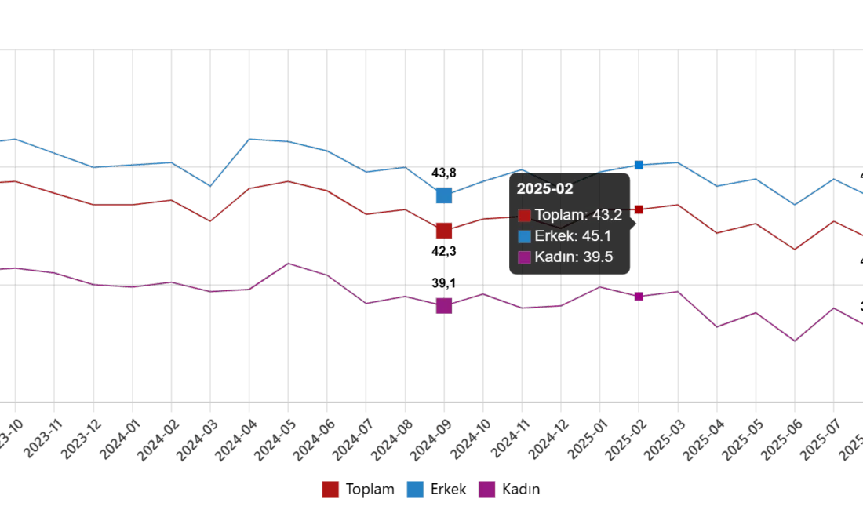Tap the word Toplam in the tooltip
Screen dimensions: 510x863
(559, 215)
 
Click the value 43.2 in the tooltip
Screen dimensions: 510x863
(609, 215)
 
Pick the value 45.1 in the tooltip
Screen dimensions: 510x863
(599, 235)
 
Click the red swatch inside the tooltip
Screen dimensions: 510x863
(525, 215)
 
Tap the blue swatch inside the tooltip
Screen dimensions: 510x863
(525, 235)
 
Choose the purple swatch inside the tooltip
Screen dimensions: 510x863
(525, 257)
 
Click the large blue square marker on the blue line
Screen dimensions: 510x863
(443, 195)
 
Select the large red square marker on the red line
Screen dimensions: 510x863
(443, 230)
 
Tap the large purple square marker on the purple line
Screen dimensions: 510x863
(443, 304)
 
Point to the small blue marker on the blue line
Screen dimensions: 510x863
(639, 165)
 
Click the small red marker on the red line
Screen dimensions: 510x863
(639, 209)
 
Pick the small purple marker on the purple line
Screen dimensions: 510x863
(639, 296)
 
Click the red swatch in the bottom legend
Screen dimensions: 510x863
(331, 489)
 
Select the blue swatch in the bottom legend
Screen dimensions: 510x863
(413, 489)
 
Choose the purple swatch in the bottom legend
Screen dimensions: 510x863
(487, 489)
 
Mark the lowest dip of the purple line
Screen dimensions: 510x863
(796, 341)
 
